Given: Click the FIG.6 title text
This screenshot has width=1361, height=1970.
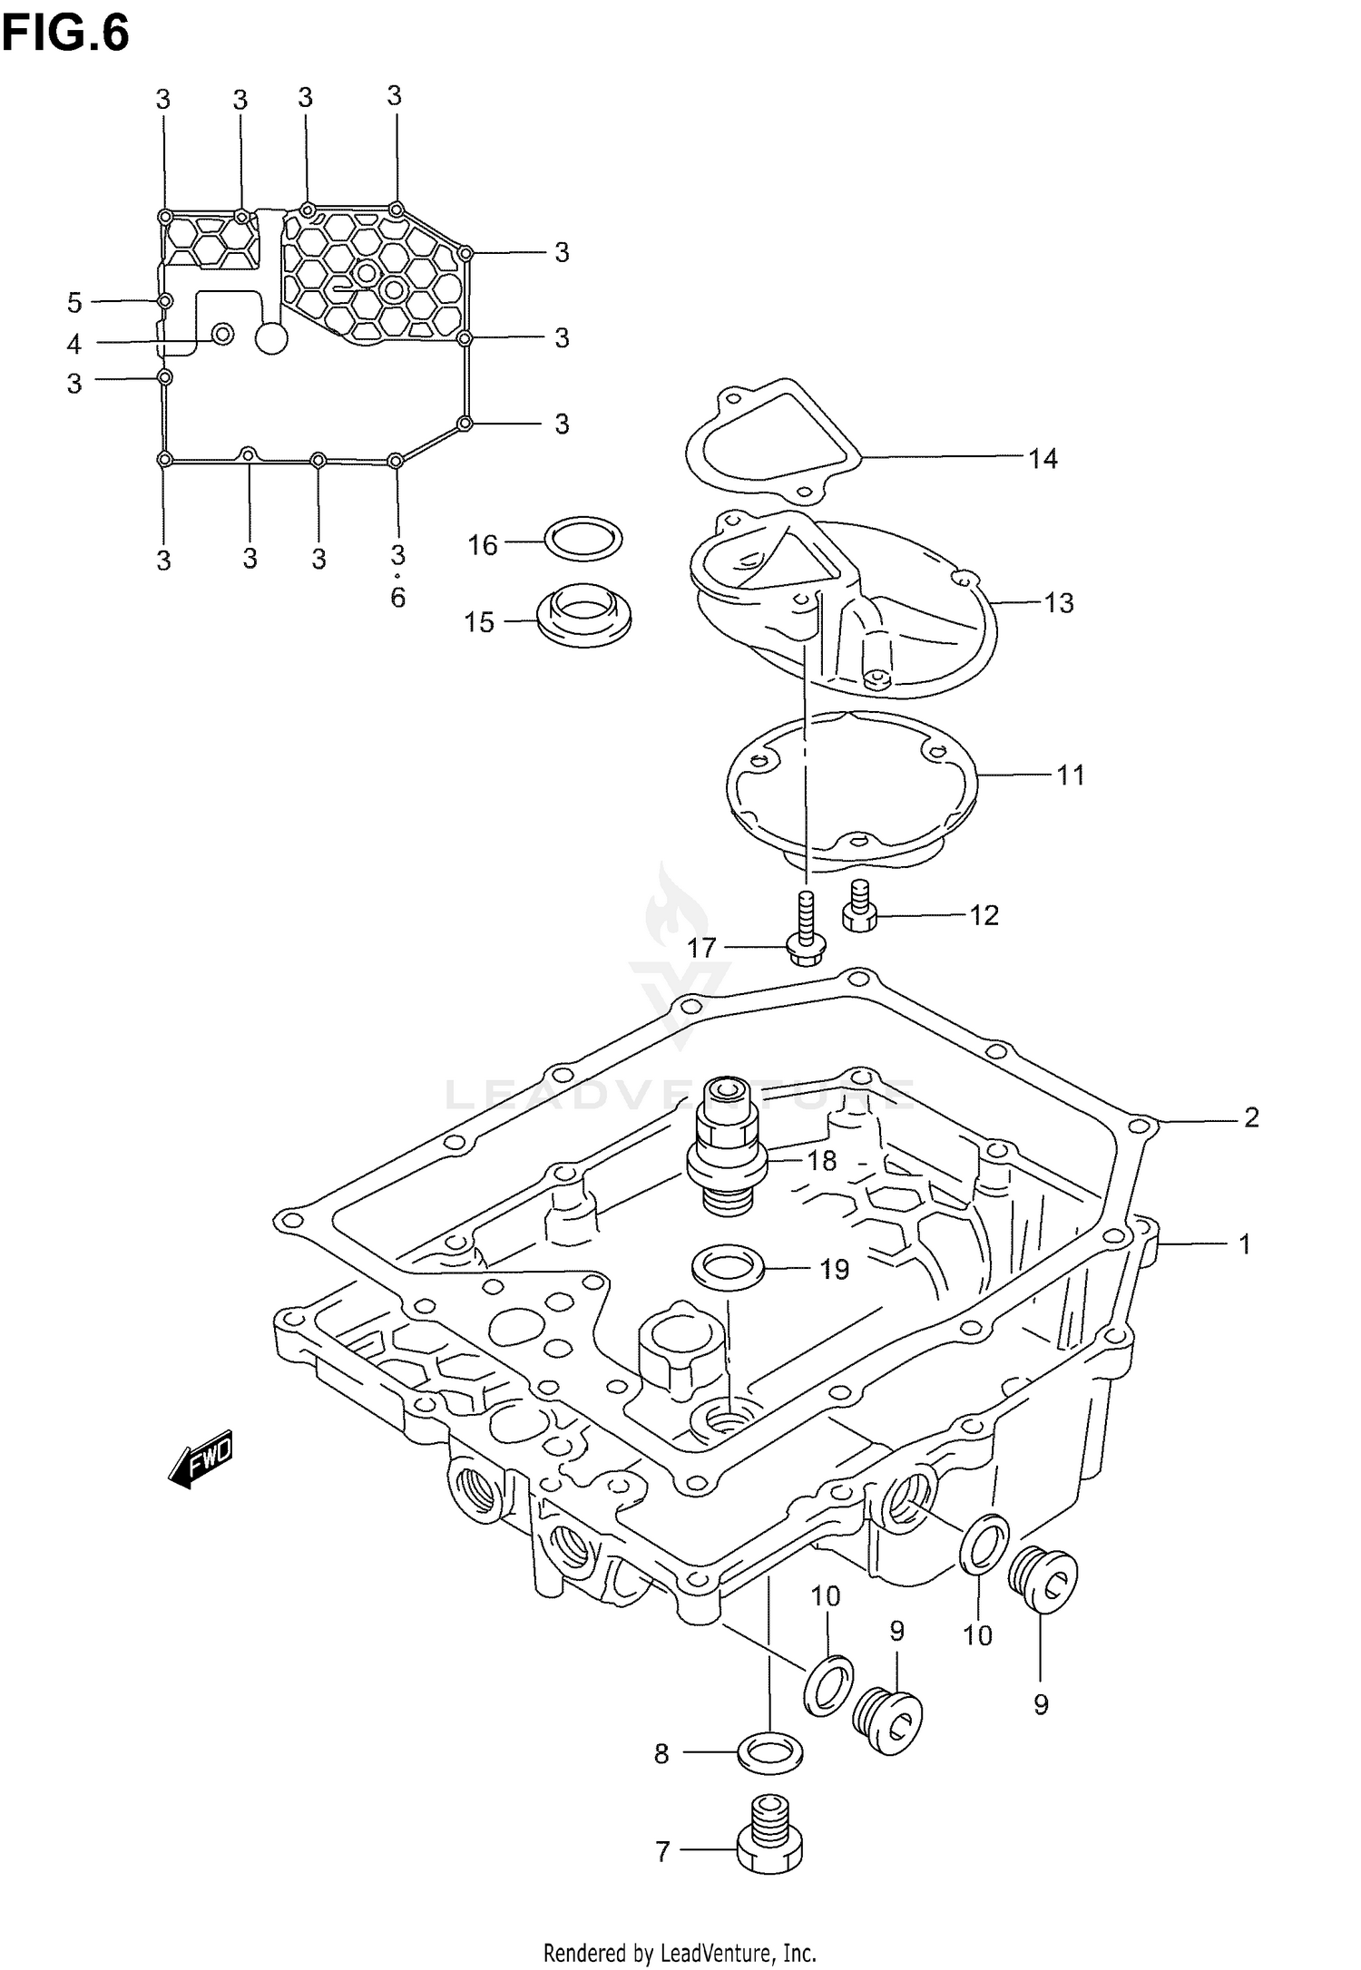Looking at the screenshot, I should tap(65, 34).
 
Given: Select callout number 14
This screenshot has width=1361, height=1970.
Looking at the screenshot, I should tap(1043, 459).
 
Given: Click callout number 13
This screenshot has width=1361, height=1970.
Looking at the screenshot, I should tap(1058, 603).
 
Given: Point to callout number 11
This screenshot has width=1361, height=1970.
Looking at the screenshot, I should tap(1071, 775).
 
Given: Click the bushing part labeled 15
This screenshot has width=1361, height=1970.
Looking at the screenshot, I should tap(583, 616).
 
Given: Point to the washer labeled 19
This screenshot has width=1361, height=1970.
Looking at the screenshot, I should tap(727, 1266).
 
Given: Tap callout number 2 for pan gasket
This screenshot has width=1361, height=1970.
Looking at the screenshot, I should tap(1251, 1117).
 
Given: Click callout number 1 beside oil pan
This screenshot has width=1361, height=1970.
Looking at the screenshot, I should tap(1245, 1244).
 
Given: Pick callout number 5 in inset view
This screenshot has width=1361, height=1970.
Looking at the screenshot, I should tap(74, 302).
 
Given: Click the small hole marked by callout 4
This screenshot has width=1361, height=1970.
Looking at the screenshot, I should tap(221, 335).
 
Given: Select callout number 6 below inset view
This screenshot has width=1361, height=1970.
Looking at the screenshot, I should tap(397, 598).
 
